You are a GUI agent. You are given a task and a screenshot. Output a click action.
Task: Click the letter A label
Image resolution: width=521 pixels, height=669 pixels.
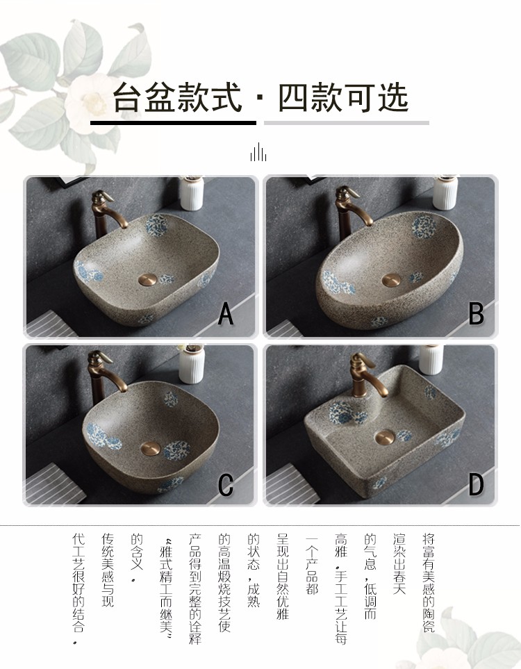226,314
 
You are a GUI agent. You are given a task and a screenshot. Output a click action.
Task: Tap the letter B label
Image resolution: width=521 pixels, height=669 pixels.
477,314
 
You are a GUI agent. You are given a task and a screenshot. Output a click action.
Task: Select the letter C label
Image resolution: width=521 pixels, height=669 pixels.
226,484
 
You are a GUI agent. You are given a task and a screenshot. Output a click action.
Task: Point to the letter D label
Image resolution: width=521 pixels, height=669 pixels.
477,484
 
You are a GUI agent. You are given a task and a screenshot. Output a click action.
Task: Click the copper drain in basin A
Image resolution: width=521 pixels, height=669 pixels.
148,279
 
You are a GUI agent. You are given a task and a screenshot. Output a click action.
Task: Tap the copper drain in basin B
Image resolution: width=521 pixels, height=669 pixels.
391,280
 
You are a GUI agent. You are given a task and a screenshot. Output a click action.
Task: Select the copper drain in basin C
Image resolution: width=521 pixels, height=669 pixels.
151,448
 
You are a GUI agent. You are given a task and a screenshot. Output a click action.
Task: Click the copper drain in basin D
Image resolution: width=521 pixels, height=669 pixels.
386,436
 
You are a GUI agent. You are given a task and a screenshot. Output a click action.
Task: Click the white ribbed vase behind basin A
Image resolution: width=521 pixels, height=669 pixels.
192,193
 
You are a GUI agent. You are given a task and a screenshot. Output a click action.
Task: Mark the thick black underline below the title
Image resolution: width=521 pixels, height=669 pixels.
173,123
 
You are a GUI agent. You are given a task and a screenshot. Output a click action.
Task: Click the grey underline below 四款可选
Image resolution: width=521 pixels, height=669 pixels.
347,123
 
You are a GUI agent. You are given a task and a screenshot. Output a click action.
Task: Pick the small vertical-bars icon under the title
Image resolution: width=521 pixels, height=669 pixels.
258,152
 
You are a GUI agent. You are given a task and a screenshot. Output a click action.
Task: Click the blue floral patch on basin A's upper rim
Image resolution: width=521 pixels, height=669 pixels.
156,224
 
